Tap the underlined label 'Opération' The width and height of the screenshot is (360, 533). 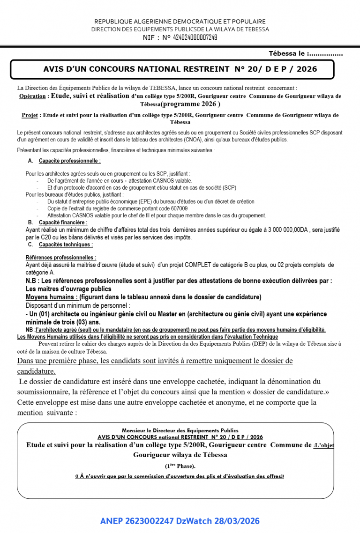tap(32, 96)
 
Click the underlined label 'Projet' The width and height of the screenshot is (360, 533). tap(30, 115)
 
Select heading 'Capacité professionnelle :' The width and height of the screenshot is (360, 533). tap(70, 161)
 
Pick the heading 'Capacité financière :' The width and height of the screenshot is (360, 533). tap(63, 222)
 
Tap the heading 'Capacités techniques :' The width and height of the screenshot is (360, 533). tap(66, 244)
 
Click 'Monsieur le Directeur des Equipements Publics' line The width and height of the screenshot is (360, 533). tap(180, 430)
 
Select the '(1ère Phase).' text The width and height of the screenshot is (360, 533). tap(180, 466)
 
